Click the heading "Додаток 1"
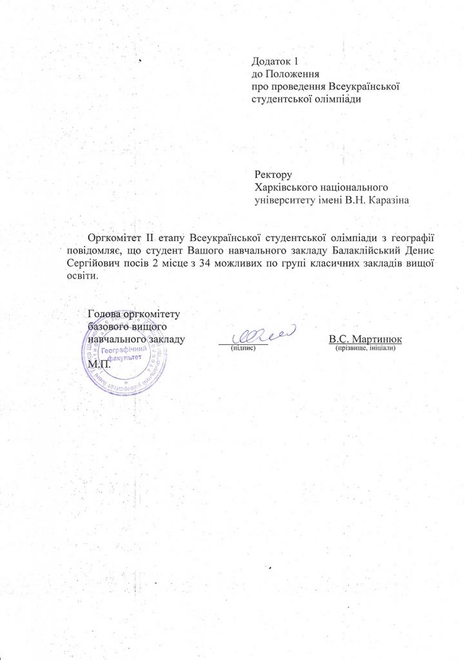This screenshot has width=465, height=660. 275,63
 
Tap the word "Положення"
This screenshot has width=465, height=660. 287,75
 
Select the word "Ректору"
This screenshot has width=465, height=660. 274,174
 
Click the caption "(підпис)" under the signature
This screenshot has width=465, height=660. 243,348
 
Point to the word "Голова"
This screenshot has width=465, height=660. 104,314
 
